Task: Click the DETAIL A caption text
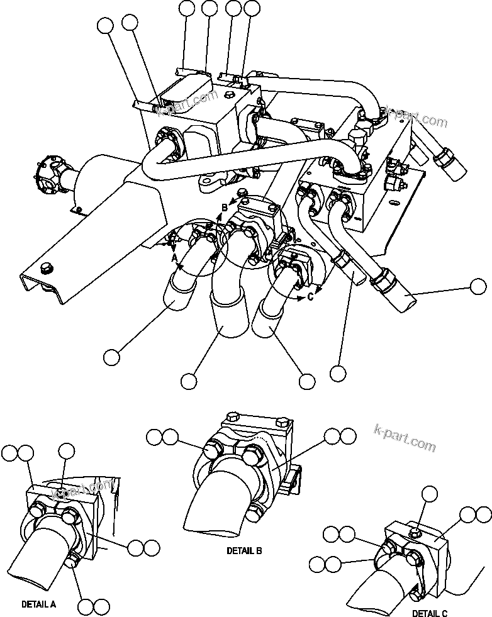[38, 604]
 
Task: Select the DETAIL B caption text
[244, 550]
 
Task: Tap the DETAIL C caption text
[430, 613]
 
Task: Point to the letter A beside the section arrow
[174, 257]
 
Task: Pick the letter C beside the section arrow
[310, 297]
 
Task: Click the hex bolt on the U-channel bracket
[45, 270]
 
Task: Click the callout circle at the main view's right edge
[478, 286]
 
